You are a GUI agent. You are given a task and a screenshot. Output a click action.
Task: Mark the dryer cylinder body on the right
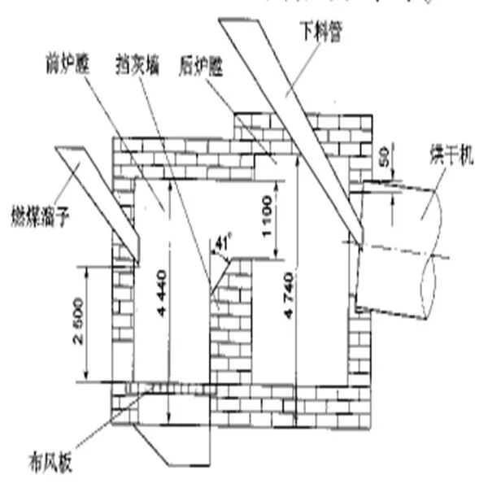click(x=399, y=244)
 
